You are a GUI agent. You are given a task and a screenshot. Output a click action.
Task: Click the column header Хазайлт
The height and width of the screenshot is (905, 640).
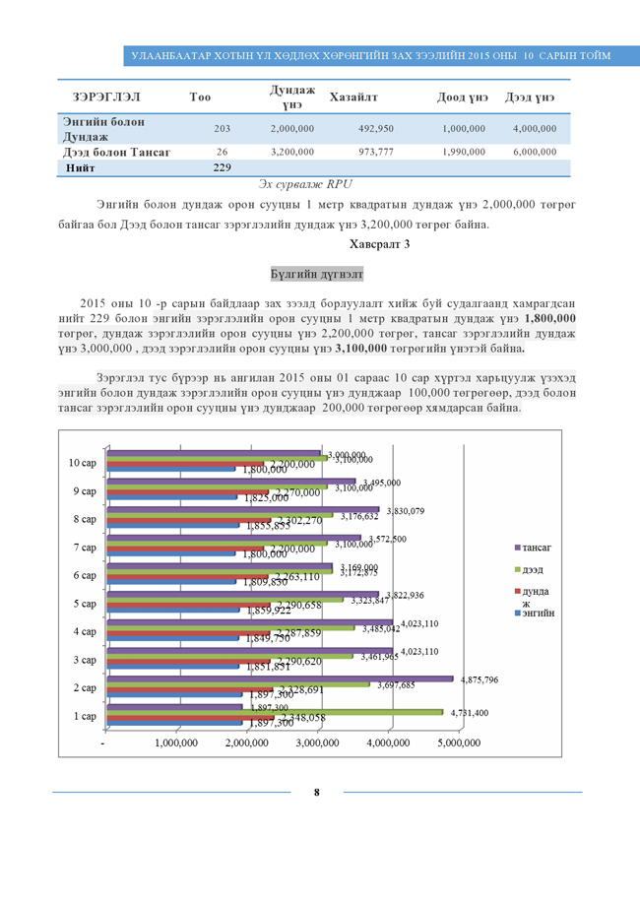point(355,97)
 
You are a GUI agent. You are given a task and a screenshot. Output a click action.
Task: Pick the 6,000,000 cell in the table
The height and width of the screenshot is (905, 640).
point(535,153)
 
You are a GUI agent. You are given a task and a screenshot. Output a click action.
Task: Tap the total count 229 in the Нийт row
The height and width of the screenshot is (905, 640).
point(222,168)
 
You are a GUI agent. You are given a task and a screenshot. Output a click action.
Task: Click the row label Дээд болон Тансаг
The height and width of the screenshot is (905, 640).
point(116,153)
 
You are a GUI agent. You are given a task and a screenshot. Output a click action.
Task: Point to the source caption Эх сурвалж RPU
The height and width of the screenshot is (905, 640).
point(304,184)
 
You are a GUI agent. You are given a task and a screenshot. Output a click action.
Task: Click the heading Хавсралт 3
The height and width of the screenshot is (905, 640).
point(380,242)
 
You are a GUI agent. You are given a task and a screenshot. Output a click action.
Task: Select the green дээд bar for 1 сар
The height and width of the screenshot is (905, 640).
point(275,712)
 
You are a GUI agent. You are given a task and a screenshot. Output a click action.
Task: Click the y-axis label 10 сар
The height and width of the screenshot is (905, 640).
point(82,463)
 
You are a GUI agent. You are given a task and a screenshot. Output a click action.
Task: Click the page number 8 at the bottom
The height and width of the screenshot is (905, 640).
point(316,792)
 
